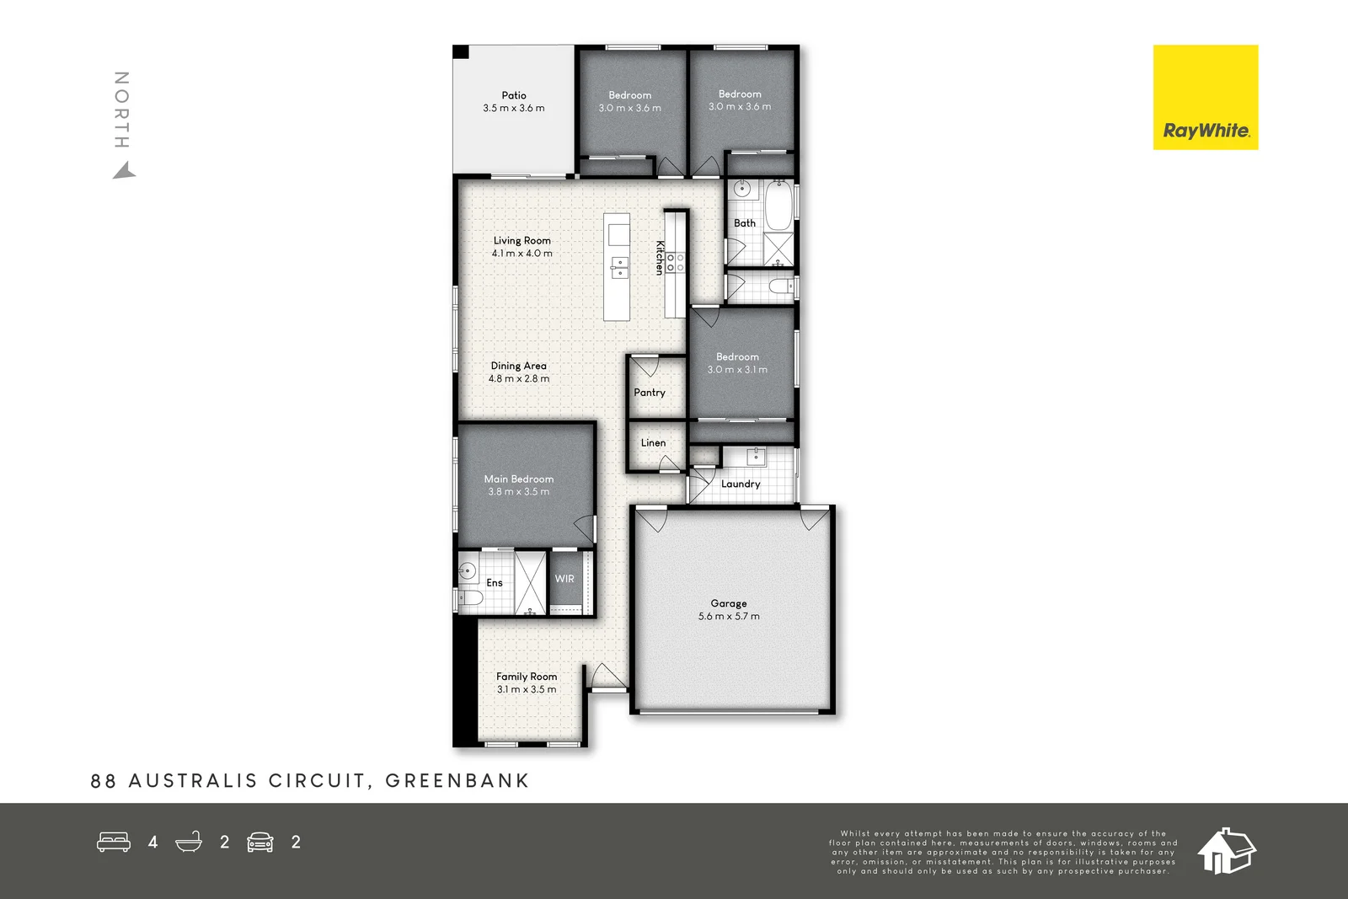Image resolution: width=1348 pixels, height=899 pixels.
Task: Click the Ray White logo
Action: (x=1205, y=98)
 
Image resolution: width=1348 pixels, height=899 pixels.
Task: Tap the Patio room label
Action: (x=514, y=95)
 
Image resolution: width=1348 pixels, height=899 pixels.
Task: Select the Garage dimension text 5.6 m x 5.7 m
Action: (x=729, y=617)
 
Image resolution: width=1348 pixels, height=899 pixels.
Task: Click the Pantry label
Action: (x=650, y=393)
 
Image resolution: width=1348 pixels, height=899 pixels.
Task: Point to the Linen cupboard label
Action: (x=653, y=443)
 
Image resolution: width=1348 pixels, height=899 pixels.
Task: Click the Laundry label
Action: (x=741, y=484)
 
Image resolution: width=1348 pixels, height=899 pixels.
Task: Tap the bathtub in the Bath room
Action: (x=778, y=206)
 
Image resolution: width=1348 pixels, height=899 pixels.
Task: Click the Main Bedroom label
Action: (x=519, y=479)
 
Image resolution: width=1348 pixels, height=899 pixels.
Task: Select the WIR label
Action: (x=564, y=579)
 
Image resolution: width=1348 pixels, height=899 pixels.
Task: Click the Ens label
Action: (x=495, y=583)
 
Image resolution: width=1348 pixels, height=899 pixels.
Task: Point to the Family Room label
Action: (x=527, y=677)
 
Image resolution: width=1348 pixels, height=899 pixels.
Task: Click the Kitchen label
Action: (x=660, y=258)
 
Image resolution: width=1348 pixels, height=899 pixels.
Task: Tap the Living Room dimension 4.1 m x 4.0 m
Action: (x=522, y=254)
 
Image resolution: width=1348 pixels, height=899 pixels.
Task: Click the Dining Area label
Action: (x=519, y=366)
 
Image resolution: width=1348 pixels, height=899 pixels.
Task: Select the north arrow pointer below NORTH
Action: (x=125, y=172)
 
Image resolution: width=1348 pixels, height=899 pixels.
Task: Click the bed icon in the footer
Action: (x=114, y=842)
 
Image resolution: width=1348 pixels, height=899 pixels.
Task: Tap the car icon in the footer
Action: (x=260, y=842)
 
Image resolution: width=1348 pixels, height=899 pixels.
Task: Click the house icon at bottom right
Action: (x=1226, y=850)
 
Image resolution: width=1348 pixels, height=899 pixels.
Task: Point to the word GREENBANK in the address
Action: (x=457, y=781)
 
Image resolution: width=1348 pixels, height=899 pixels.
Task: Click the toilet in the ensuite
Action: (x=470, y=598)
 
